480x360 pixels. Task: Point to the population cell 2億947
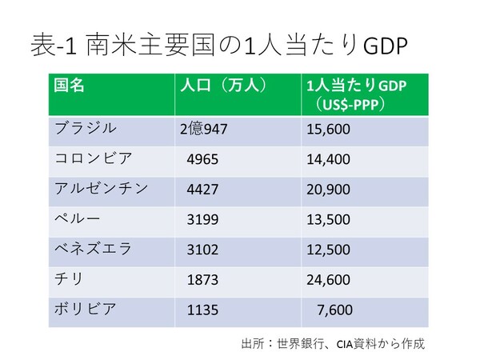206,129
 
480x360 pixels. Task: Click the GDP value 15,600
328,129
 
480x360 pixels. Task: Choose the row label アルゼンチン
101,188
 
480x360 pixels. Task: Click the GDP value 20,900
328,189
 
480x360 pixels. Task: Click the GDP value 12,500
328,249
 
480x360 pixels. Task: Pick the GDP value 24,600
328,279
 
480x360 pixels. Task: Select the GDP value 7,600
334,309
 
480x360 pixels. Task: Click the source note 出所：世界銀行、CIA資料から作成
332,343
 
